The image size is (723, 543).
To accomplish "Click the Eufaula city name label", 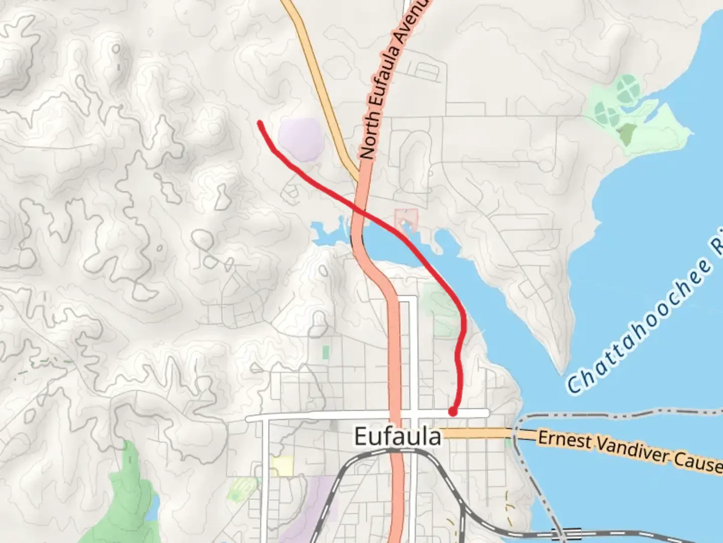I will pos(398,436).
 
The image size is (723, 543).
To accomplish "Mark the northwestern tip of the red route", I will pos(259,122).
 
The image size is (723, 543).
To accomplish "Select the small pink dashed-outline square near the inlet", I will pos(407,218).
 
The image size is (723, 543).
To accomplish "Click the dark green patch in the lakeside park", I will pos(626,134).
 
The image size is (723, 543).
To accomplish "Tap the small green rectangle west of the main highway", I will pos(326,352).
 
